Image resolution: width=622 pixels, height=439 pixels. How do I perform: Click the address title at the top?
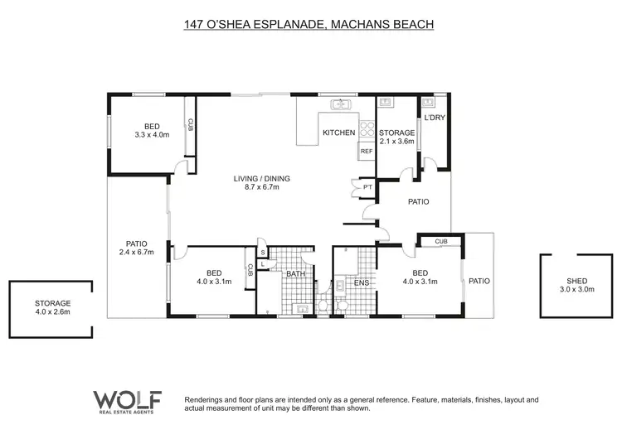tap(309, 25)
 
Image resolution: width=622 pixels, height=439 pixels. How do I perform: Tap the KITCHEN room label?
tap(338, 133)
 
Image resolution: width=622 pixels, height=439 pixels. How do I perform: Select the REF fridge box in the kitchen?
tap(366, 152)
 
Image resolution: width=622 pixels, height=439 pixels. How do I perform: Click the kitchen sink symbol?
tap(340, 104)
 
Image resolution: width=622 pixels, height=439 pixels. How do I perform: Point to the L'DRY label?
tap(435, 118)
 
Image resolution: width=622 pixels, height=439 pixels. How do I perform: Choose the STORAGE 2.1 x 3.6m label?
tap(396, 137)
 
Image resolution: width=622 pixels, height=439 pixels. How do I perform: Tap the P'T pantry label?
tap(367, 189)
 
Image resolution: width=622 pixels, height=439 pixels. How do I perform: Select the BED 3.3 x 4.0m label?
tap(152, 129)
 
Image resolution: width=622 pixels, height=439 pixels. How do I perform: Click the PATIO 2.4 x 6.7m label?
tap(137, 248)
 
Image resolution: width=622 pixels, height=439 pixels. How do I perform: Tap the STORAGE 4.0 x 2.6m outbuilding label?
tap(52, 307)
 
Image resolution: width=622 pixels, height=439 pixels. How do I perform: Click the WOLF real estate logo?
tap(126, 401)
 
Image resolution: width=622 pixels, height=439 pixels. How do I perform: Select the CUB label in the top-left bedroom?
tap(190, 126)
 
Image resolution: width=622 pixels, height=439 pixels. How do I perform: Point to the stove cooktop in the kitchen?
tap(367, 129)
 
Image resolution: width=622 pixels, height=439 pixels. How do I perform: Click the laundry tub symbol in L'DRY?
tap(428, 104)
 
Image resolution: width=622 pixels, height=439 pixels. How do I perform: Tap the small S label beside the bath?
tap(262, 252)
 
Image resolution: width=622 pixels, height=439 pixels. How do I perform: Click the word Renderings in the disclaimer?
tap(207, 399)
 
